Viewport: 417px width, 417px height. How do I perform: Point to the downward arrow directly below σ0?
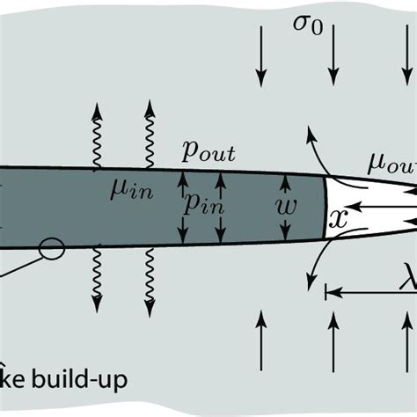332,55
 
